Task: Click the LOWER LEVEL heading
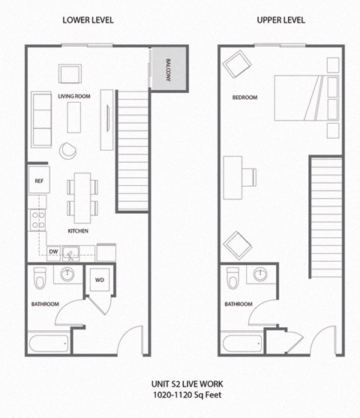pos(88,20)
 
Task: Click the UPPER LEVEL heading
pos(282,20)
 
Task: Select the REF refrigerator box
pos(38,181)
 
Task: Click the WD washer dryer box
pos(100,281)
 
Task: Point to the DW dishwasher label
pos(54,252)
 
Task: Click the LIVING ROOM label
pos(74,95)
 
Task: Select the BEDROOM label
pos(244,98)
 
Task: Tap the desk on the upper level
pos(235,174)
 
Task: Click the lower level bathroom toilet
pos(42,279)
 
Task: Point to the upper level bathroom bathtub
pos(241,345)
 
